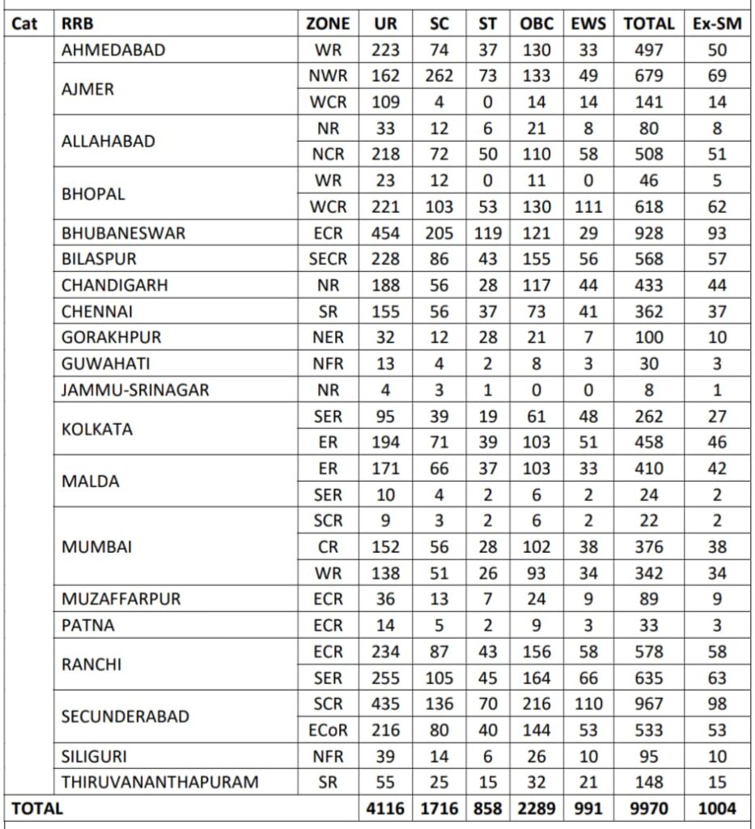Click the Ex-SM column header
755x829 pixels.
click(718, 23)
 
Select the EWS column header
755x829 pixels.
click(588, 23)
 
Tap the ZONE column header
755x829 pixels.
click(328, 23)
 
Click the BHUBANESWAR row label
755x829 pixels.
click(124, 233)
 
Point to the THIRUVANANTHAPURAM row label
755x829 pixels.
click(160, 782)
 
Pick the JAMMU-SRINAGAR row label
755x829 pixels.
click(135, 390)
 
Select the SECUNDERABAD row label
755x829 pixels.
click(125, 716)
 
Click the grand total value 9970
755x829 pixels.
click(649, 809)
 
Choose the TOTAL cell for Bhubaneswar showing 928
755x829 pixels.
click(649, 233)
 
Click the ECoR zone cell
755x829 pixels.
click(328, 729)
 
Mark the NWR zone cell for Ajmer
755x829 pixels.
click(328, 76)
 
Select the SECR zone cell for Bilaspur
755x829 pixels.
click(328, 259)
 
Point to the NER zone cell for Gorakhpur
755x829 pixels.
click(328, 338)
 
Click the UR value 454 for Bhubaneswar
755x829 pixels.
click(385, 233)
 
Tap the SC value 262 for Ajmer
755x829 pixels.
click(440, 76)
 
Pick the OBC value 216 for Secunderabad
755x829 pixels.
click(536, 704)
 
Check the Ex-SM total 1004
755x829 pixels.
click(718, 809)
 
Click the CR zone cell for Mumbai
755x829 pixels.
click(328, 546)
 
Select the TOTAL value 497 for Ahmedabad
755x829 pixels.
click(649, 50)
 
